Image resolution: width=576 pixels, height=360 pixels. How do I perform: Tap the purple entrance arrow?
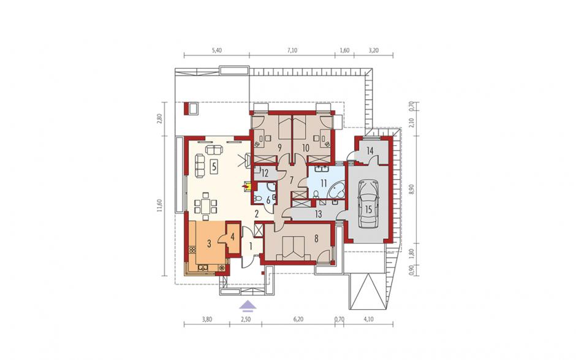point(247,304)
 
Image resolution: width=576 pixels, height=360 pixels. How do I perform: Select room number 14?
point(369,150)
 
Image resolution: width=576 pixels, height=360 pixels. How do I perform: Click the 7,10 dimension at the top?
point(292,50)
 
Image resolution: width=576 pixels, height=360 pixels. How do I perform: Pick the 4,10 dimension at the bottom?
point(368,319)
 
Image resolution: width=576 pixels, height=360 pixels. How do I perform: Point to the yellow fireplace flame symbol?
point(244,187)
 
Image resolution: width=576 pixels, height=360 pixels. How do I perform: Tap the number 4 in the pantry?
point(232,237)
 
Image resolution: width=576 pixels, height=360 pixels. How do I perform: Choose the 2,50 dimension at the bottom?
point(245,319)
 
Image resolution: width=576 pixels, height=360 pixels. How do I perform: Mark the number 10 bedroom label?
point(306,148)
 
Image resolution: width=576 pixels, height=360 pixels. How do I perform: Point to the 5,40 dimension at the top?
point(217,50)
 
